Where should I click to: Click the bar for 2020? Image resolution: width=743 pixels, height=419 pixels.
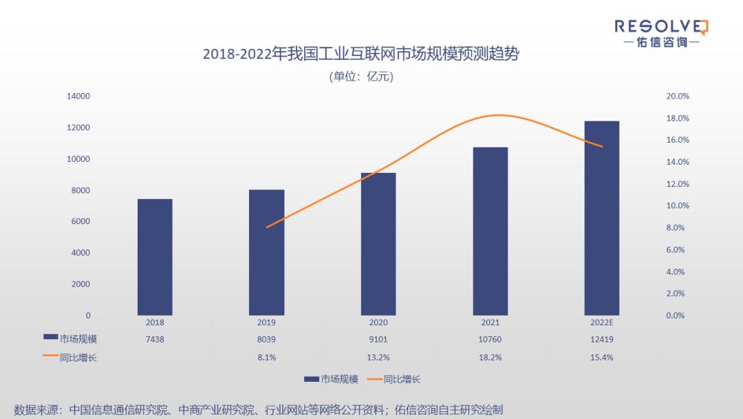click(378, 244)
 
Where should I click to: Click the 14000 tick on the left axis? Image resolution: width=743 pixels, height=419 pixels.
click(78, 96)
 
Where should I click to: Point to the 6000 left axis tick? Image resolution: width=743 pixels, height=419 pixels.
click(80, 222)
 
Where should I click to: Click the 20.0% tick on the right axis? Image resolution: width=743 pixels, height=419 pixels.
click(678, 96)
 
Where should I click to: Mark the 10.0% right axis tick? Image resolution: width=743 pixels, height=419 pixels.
click(678, 206)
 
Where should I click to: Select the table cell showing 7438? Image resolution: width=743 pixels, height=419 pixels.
click(155, 339)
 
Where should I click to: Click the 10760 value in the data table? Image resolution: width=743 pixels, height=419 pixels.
click(490, 339)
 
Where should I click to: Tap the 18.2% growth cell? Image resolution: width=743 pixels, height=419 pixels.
click(490, 357)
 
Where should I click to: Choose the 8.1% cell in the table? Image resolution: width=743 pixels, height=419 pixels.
click(266, 357)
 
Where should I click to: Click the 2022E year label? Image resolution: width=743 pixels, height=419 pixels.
click(602, 322)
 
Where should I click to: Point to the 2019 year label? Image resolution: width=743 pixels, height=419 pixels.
click(266, 322)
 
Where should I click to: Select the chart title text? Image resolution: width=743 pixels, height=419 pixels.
click(360, 54)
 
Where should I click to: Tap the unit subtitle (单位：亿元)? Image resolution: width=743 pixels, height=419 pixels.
click(361, 76)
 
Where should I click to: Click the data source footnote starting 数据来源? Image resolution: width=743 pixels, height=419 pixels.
click(258, 409)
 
